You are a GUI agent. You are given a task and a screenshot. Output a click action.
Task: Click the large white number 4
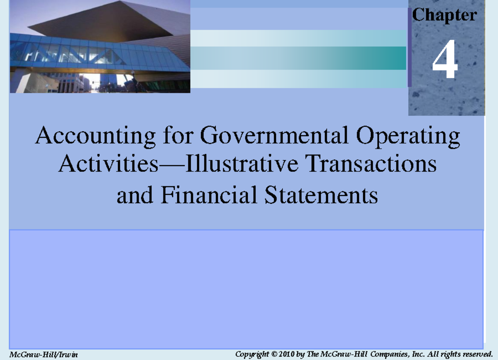[445, 61]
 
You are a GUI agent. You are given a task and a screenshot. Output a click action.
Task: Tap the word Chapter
[444, 15]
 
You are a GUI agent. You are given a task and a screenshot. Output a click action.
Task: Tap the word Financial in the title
[210, 195]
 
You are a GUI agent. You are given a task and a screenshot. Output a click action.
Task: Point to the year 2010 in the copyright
[287, 354]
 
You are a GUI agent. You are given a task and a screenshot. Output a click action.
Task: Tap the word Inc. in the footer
[417, 354]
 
